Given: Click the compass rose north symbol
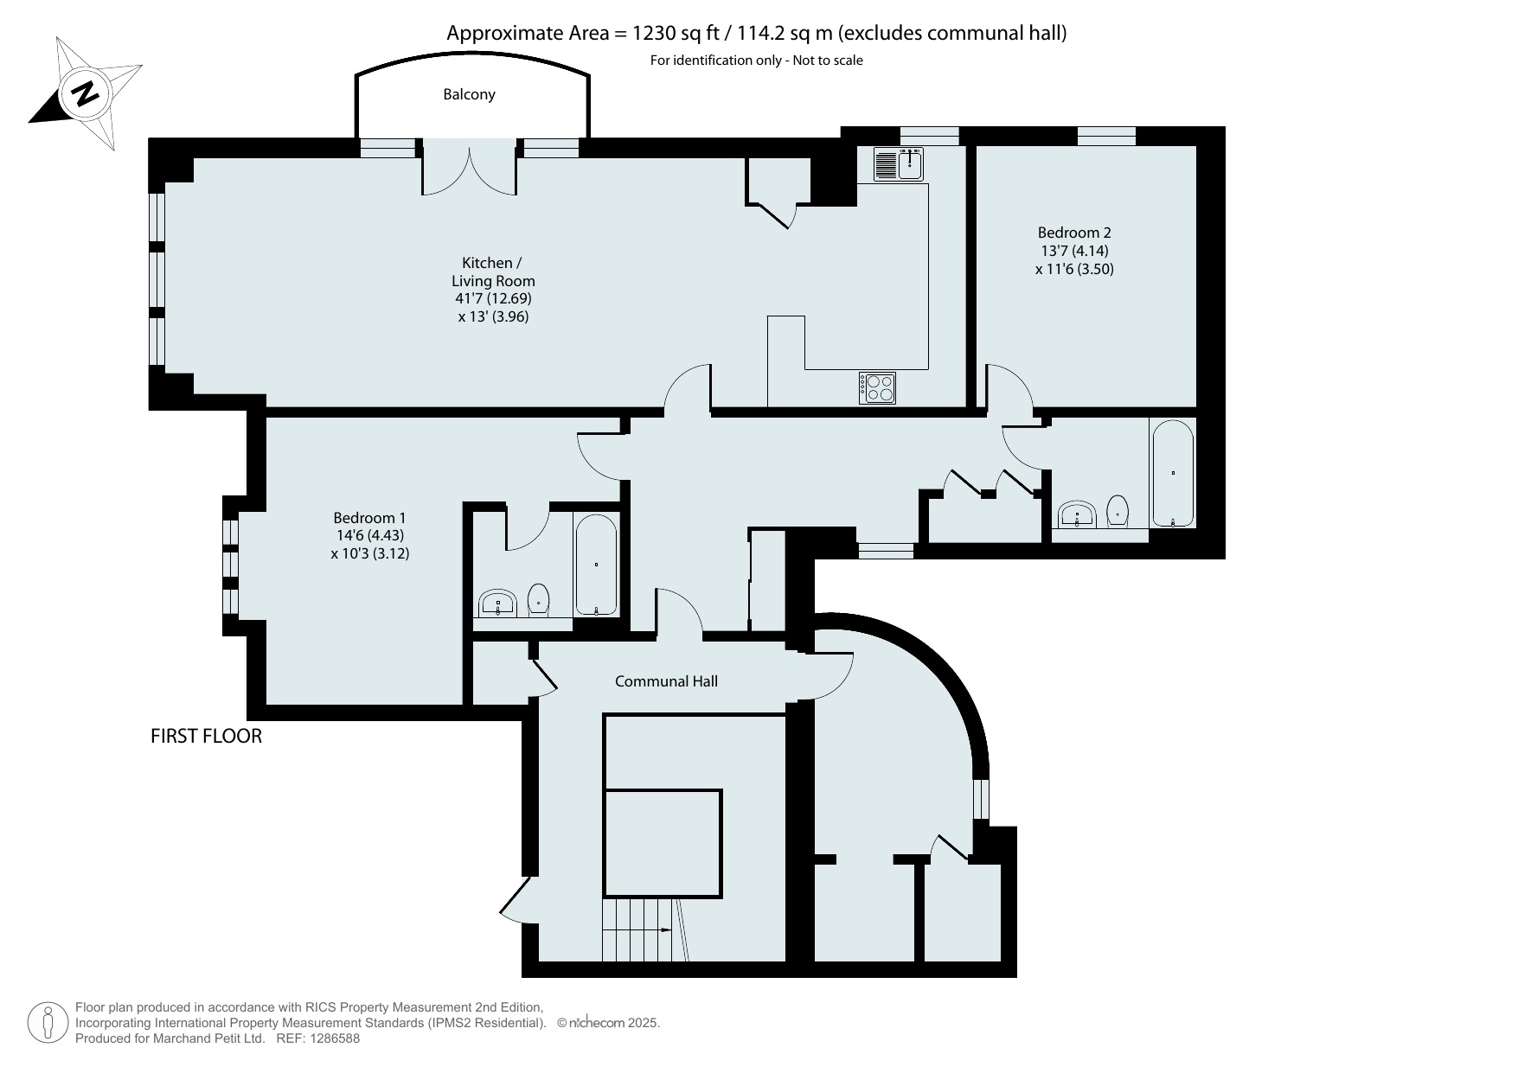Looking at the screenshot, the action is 85,93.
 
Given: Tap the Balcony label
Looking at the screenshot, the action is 469,94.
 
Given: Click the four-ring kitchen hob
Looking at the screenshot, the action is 877,386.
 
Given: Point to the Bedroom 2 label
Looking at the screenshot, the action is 1074,233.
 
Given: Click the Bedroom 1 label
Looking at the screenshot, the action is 369,518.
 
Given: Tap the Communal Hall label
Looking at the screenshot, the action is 666,681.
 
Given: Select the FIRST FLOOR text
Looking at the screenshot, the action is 206,736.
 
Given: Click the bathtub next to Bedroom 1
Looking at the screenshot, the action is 596,565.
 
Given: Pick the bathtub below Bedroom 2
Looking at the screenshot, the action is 1173,473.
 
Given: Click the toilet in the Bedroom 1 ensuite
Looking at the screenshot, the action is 539,598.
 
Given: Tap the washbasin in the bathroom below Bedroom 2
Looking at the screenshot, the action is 1077,514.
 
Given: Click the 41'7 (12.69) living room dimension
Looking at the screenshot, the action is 493,298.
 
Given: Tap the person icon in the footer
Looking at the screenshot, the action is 48,1023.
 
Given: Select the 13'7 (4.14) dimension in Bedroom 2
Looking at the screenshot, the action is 1074,251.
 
